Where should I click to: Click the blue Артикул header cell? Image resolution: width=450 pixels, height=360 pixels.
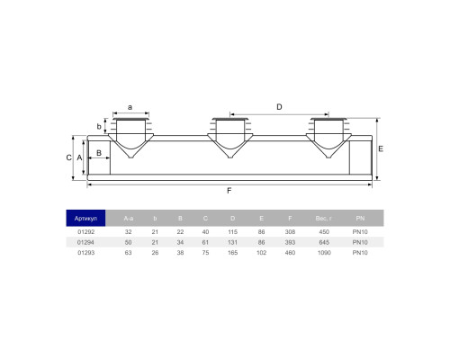click(85, 218)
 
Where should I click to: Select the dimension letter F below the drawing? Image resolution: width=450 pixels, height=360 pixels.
click(229, 191)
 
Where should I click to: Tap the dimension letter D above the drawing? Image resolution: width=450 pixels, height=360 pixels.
click(279, 107)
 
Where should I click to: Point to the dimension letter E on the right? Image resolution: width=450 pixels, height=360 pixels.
click(381, 148)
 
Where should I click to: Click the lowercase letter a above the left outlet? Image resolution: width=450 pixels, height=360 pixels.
click(130, 107)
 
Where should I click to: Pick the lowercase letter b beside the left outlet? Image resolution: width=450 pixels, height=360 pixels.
click(99, 127)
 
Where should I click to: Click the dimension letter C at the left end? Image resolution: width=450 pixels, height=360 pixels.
click(69, 157)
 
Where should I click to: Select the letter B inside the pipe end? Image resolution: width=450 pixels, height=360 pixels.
click(99, 153)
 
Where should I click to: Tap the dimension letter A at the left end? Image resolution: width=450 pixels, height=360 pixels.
click(79, 157)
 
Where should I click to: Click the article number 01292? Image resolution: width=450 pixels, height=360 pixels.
click(86, 232)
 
